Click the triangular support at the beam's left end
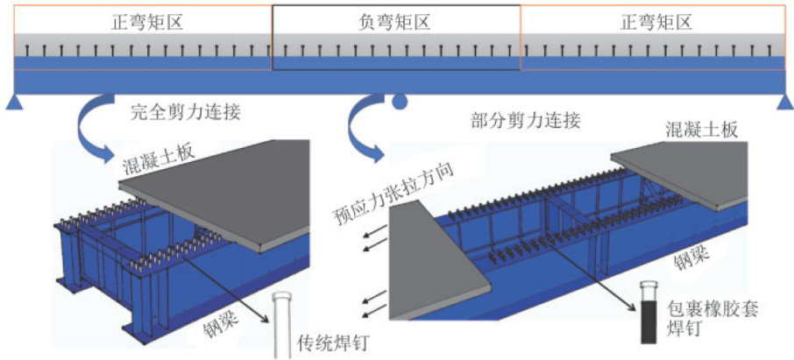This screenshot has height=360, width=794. click(x=14, y=104)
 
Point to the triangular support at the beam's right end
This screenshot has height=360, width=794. click(x=783, y=103)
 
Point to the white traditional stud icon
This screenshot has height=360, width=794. click(x=283, y=325)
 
